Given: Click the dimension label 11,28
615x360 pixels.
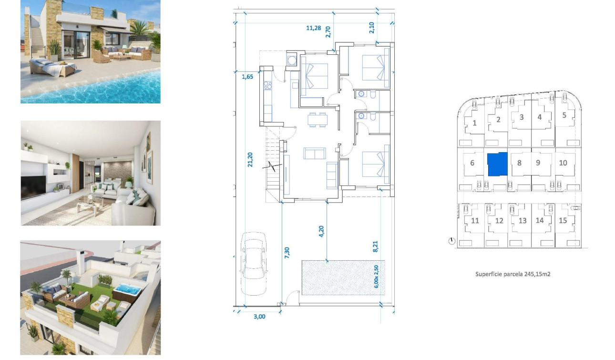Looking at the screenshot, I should pos(313,28).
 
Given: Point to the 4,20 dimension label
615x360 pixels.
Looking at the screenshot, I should pos(321,231).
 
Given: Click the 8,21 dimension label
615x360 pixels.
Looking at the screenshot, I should pos(375,246).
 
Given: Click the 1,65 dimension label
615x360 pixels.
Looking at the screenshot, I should pos(247,76).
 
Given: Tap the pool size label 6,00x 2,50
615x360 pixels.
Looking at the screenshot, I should pos(376,276).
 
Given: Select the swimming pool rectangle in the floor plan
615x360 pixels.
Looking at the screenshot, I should pos(338,278).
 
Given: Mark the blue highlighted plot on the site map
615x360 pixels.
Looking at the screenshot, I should pos(497,165).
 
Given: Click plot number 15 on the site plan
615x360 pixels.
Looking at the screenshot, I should pos(563,220).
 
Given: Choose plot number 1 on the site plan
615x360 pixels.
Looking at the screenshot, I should pos(474,123).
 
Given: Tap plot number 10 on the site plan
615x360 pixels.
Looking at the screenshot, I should pos(563,163).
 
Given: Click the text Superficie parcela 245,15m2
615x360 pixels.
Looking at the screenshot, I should pos(513,274).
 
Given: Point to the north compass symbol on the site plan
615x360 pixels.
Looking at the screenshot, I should pos(451,241).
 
